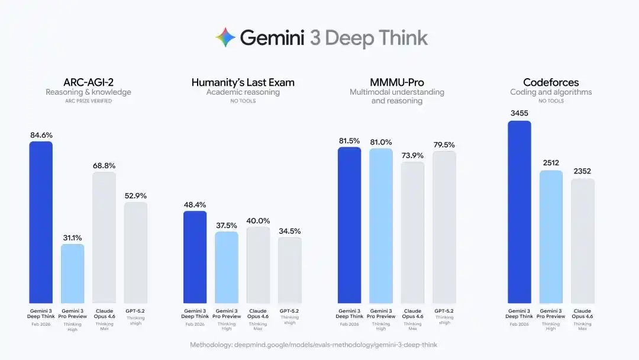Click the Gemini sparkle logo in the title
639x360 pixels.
[225, 38]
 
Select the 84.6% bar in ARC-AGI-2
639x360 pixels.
[41, 222]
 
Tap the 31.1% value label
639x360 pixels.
[72, 237]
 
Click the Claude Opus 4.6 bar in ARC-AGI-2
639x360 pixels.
[104, 237]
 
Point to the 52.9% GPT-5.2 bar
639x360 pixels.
[135, 252]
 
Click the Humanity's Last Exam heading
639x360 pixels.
[243, 82]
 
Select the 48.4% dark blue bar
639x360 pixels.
[195, 257]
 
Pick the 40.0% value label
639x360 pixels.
[258, 220]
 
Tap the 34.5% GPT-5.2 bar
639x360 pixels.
[290, 270]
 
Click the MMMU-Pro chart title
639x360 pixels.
[396, 82]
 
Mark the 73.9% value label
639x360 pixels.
[412, 155]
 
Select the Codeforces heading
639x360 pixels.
[551, 82]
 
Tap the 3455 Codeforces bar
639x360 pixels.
[519, 212]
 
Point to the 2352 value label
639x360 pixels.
[582, 172]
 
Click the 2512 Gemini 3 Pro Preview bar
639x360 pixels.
[551, 237]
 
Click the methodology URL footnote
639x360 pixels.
[314, 345]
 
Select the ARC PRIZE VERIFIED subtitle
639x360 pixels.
[88, 101]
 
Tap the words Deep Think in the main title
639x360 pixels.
[376, 38]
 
